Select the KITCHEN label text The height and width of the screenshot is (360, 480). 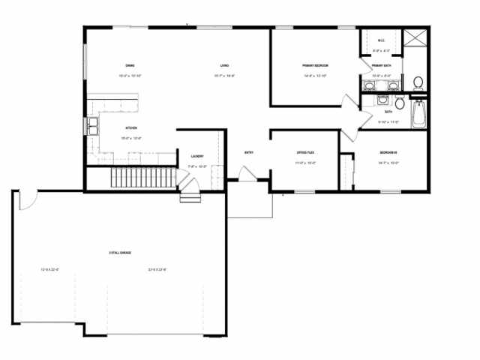130,127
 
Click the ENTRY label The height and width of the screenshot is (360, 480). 248,153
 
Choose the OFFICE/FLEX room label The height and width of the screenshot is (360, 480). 304,152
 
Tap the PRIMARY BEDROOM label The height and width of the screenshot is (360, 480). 316,66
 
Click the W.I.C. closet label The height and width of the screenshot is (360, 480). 379,40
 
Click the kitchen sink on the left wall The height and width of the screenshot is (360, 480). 94,125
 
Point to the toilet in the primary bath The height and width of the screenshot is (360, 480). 418,82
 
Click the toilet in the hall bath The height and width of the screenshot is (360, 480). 399,100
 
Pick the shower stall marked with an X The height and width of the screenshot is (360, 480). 414,38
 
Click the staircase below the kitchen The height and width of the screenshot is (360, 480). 142,178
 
